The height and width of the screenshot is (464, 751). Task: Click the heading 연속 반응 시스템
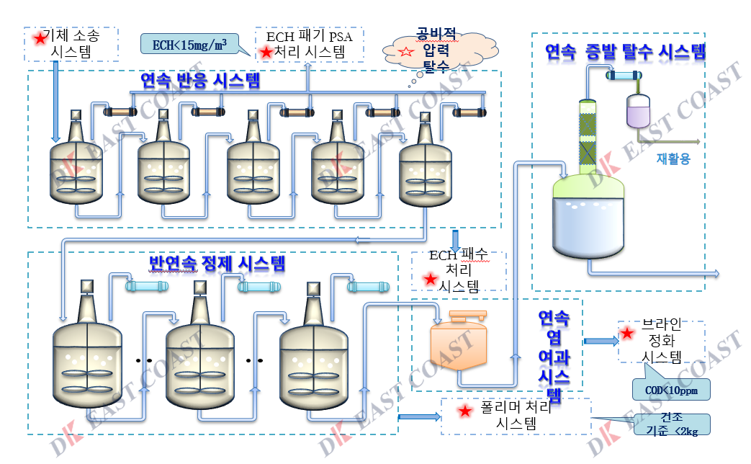[x=200, y=79]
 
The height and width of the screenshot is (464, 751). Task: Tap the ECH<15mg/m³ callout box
[x=189, y=44]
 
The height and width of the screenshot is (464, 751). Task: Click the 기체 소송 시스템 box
[x=72, y=43]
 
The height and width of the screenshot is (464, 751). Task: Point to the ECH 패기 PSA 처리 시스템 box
[x=310, y=44]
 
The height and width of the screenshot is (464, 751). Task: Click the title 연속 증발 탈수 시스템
[x=624, y=51]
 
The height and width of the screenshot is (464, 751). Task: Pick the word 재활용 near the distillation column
[x=673, y=159]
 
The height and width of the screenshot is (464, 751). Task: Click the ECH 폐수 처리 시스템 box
[x=459, y=270]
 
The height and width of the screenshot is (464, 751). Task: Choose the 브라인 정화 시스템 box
[x=661, y=342]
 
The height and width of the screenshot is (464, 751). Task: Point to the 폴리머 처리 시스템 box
[x=516, y=416]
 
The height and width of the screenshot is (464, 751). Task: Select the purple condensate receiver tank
[x=639, y=112]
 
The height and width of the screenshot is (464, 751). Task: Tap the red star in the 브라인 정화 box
[x=627, y=334]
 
